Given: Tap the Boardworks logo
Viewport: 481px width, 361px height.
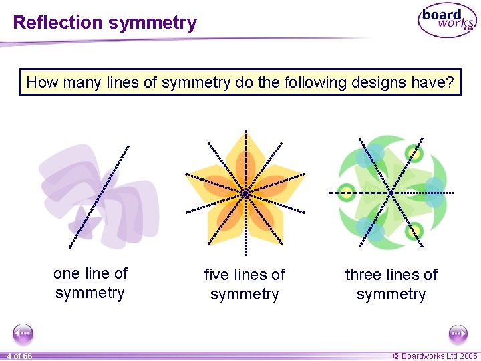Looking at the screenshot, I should (447, 21).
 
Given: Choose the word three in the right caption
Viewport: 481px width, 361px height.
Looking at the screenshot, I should (363, 275).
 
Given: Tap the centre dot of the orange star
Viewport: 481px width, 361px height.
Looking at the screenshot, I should (245, 193).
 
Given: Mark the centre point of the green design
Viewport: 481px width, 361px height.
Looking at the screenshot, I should (391, 193).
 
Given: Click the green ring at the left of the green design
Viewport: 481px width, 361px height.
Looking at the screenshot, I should (346, 192).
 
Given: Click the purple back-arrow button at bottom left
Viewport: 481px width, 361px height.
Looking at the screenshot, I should (23, 334).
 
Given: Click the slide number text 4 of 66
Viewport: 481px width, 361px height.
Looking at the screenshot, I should (19, 356).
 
